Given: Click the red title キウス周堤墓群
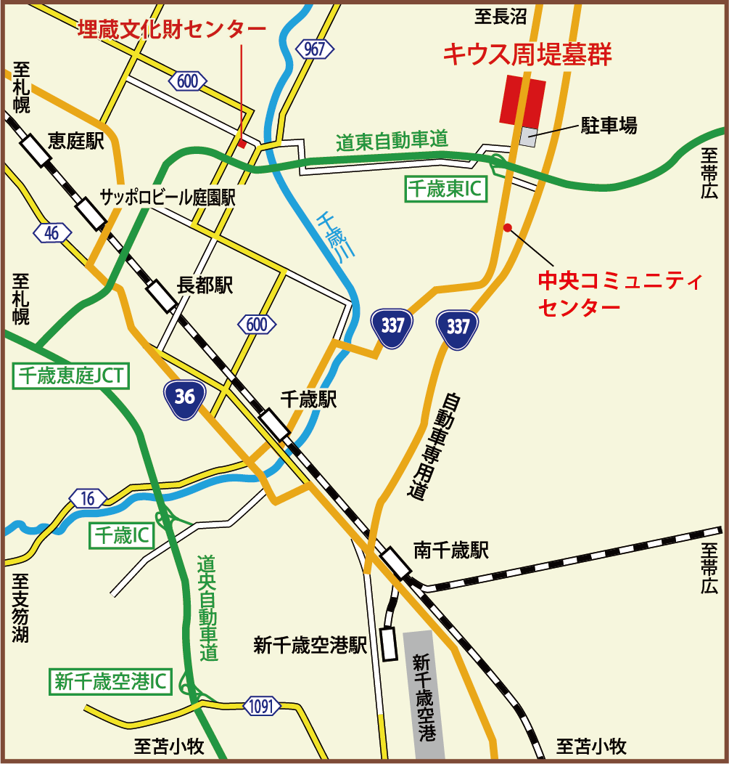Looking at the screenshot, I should (x=528, y=55).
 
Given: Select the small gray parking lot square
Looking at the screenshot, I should (x=529, y=137).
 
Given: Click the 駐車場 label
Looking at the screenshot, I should (x=609, y=126).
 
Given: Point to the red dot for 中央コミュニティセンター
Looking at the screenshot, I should (x=508, y=227).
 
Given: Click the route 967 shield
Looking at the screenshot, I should (x=316, y=49).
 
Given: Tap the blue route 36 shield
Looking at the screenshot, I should (x=184, y=397).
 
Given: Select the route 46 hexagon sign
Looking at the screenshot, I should (x=52, y=232).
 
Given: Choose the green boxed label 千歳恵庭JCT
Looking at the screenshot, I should (x=71, y=375).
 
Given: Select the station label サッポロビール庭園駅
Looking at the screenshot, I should (x=168, y=197).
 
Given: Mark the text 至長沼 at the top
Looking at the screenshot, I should (x=501, y=16).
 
